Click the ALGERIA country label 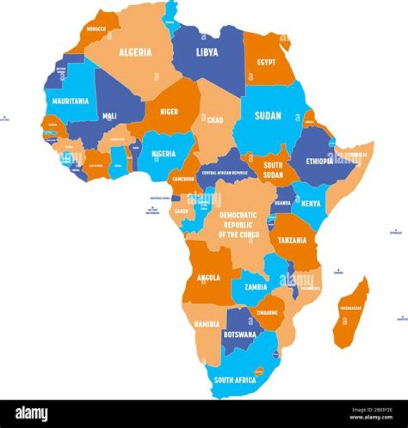tap(135, 52)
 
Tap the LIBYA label tap(207, 52)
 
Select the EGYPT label tap(266, 62)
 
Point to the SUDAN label tap(267, 115)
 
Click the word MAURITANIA tap(70, 101)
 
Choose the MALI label tap(109, 116)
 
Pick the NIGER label tap(169, 112)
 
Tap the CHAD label tap(215, 120)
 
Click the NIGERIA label tap(163, 153)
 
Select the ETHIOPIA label tap(320, 161)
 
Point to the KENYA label tap(311, 203)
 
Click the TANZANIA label tap(292, 240)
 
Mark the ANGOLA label tap(209, 278)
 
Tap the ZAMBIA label tap(256, 287)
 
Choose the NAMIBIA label tap(207, 324)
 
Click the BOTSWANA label tap(239, 334)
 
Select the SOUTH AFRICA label tap(235, 380)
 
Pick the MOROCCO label tap(95, 28)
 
